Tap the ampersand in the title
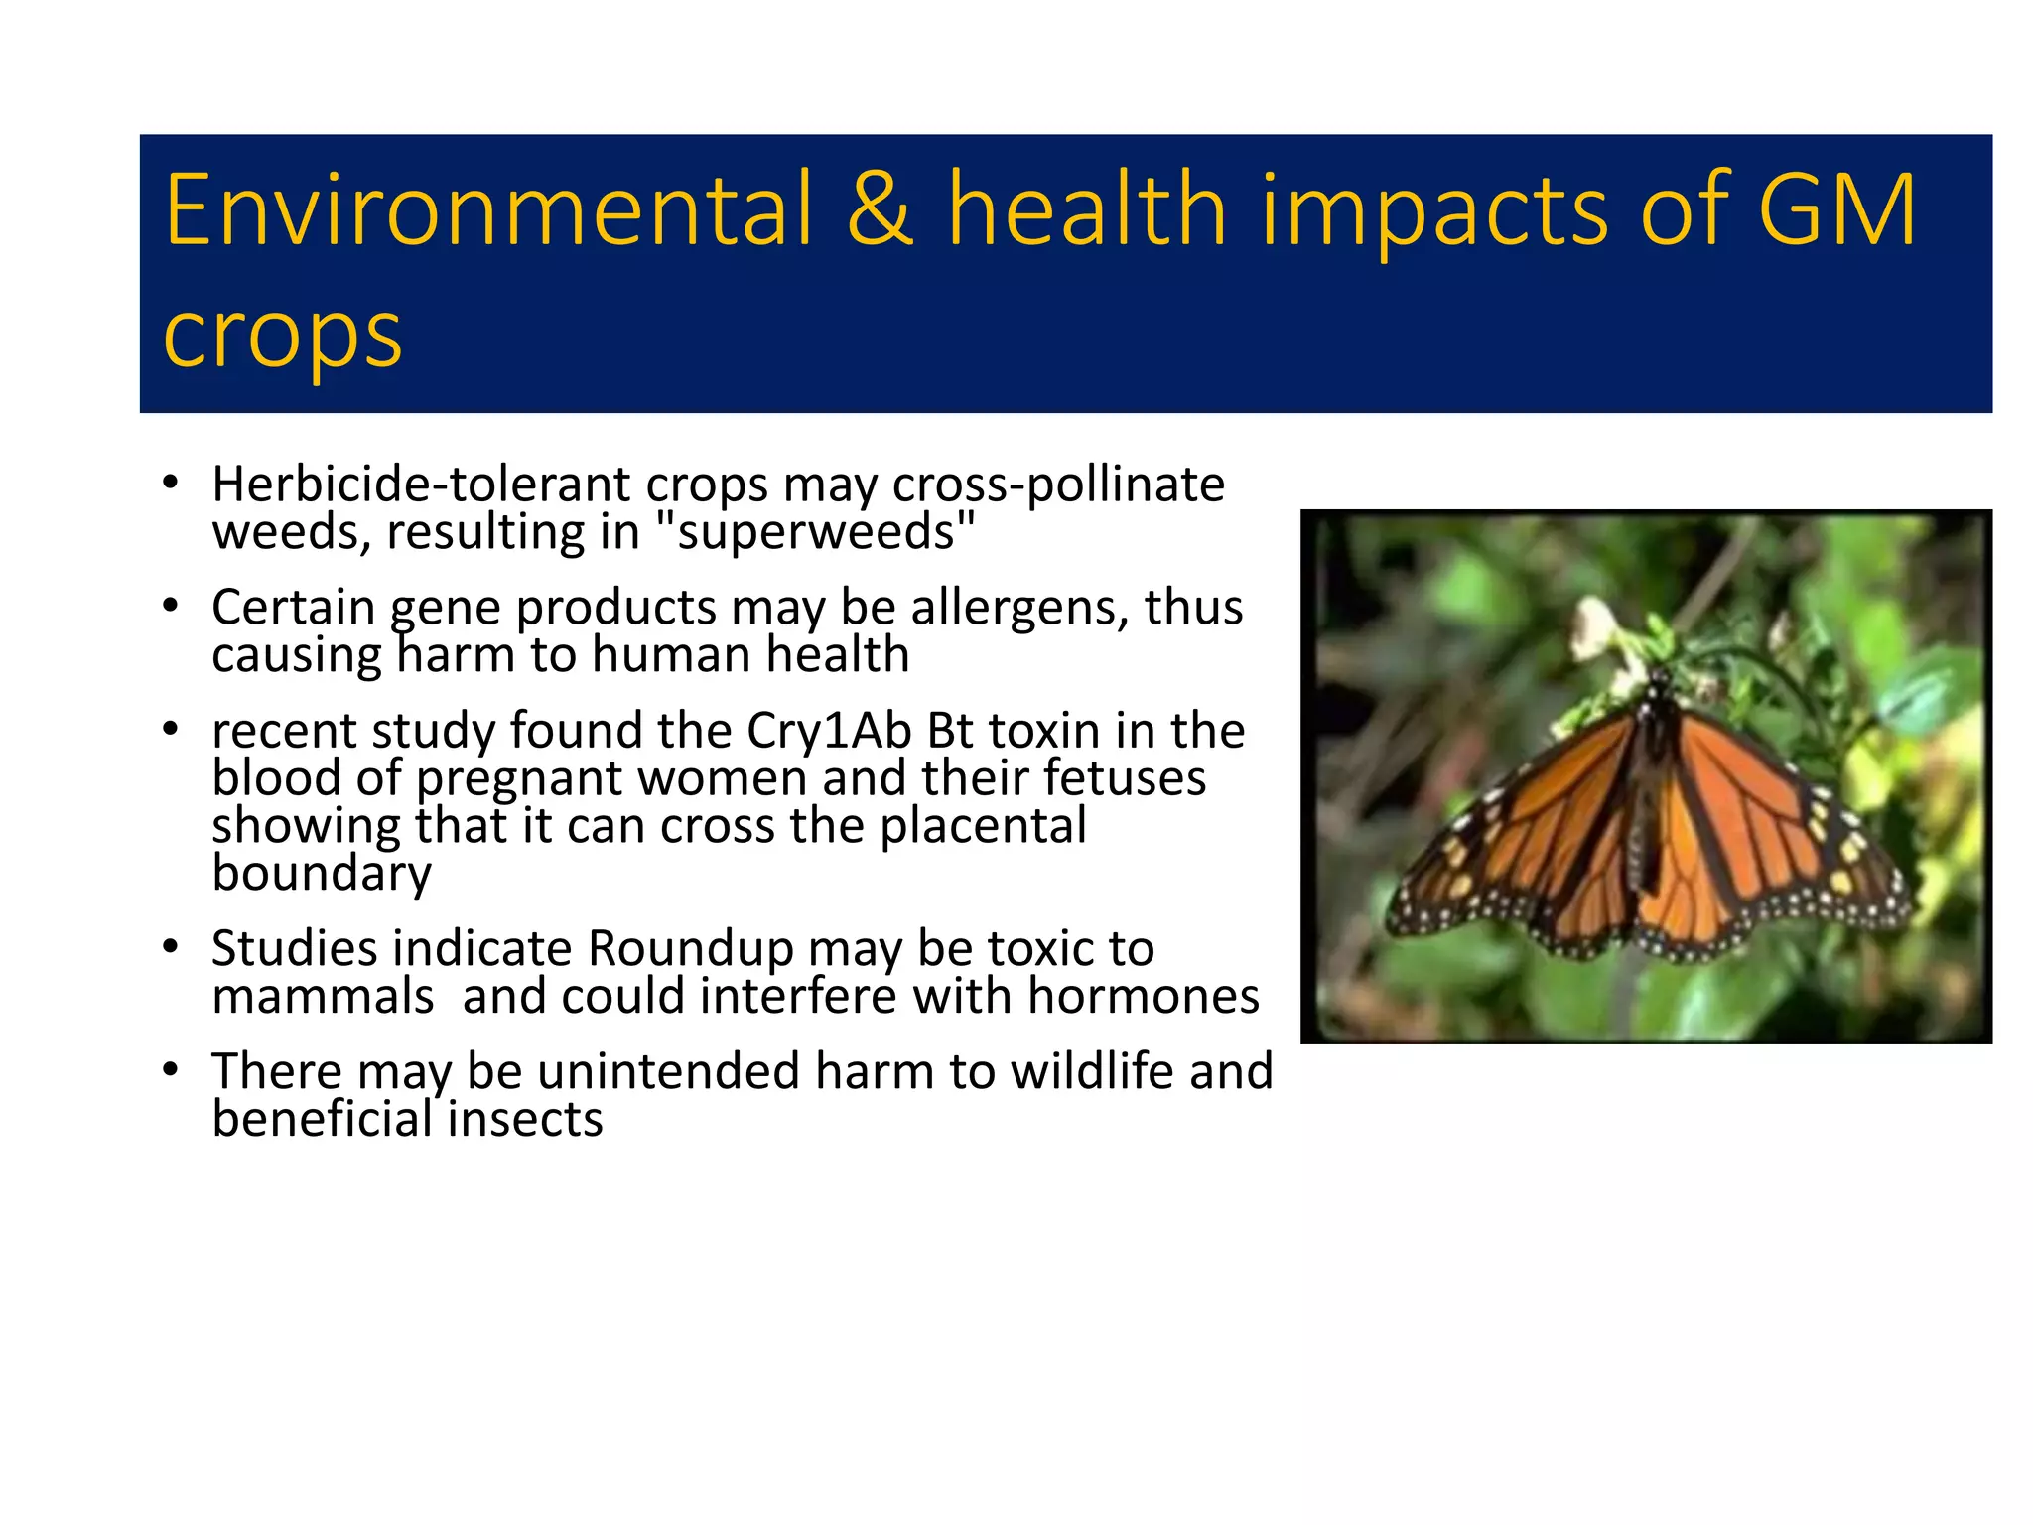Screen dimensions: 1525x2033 pyautogui.click(x=880, y=209)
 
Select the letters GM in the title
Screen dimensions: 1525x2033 pyautogui.click(x=1836, y=209)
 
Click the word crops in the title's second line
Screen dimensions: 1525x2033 pyautogui.click(x=282, y=335)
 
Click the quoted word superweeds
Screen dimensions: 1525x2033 pyautogui.click(x=816, y=532)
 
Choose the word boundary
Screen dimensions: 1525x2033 pyautogui.click(x=322, y=874)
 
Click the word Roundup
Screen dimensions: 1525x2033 pyautogui.click(x=690, y=949)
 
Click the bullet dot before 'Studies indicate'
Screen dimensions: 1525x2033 pyautogui.click(x=171, y=948)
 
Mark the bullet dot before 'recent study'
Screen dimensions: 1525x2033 pyautogui.click(x=171, y=730)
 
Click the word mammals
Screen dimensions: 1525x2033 pyautogui.click(x=323, y=996)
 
